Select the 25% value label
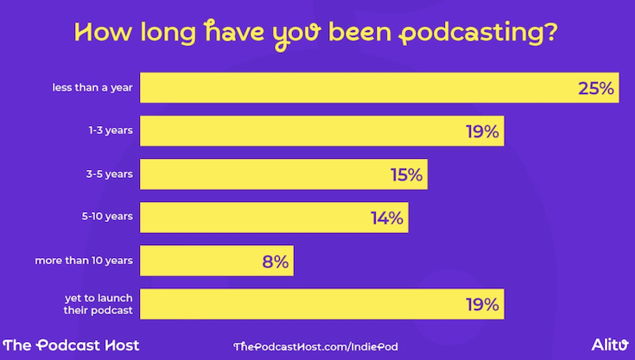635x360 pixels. (595, 88)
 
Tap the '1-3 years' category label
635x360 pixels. (110, 131)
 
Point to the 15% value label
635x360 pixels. (405, 174)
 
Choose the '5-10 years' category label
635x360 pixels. (107, 217)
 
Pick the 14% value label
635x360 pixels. (386, 218)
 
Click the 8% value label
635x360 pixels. (275, 261)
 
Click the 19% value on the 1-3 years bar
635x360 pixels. (481, 131)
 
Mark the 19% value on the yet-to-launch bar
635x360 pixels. (481, 304)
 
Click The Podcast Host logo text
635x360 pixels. (71, 344)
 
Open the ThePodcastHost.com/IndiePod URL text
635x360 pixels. (315, 345)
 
